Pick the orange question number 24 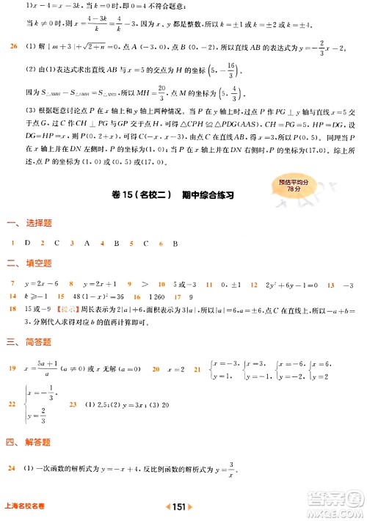coord(13,468)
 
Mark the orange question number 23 coord(73,404)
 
